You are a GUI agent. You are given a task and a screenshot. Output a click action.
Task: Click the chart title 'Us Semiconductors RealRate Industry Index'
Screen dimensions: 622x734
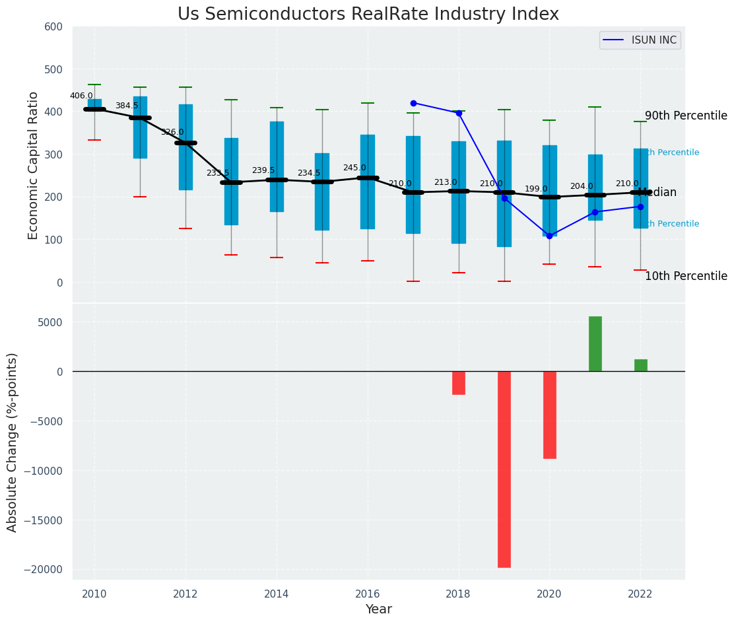pyautogui.click(x=368, y=15)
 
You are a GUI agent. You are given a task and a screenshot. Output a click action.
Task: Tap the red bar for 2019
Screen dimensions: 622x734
pyautogui.click(x=504, y=469)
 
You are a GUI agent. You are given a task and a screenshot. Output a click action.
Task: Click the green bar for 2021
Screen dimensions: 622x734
pyautogui.click(x=595, y=344)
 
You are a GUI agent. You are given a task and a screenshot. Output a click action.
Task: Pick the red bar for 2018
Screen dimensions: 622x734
pyautogui.click(x=459, y=383)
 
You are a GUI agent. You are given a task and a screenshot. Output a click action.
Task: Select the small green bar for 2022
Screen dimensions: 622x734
pyautogui.click(x=640, y=365)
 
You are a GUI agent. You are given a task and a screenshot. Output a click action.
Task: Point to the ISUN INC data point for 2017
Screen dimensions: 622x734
pyautogui.click(x=413, y=103)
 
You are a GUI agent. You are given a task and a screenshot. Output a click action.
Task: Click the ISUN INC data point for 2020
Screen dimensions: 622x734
pyautogui.click(x=549, y=236)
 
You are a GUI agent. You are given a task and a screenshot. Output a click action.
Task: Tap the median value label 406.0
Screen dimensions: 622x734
pyautogui.click(x=81, y=96)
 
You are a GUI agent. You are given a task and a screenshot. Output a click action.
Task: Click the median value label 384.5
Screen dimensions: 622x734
pyautogui.click(x=127, y=106)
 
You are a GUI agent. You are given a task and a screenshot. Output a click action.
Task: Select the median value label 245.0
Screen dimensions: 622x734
pyautogui.click(x=354, y=168)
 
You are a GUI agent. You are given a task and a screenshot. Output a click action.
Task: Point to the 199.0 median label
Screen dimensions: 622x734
pyautogui.click(x=536, y=189)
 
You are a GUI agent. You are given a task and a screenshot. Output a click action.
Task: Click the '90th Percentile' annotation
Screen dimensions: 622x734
pyautogui.click(x=686, y=116)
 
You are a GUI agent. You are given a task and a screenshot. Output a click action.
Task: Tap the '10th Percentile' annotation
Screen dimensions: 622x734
pyautogui.click(x=686, y=276)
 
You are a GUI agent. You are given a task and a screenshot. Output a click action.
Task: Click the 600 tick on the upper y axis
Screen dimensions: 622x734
pyautogui.click(x=53, y=27)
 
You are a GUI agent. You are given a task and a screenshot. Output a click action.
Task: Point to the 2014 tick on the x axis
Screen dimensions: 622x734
pyautogui.click(x=277, y=594)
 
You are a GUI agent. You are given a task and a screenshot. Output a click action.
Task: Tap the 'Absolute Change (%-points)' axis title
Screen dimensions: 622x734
pyautogui.click(x=13, y=442)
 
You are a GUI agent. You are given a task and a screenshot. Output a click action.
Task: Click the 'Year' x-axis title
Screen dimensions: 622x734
pyautogui.click(x=379, y=609)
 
